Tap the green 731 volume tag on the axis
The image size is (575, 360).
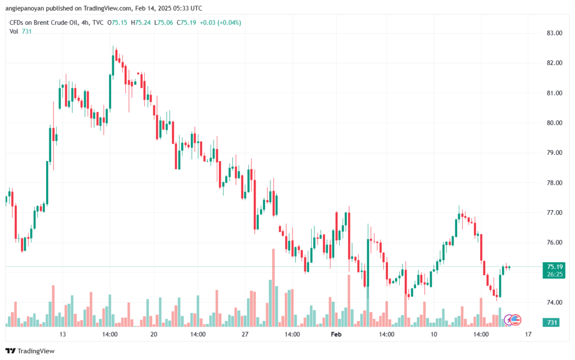553,322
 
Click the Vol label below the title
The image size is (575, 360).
13,31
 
